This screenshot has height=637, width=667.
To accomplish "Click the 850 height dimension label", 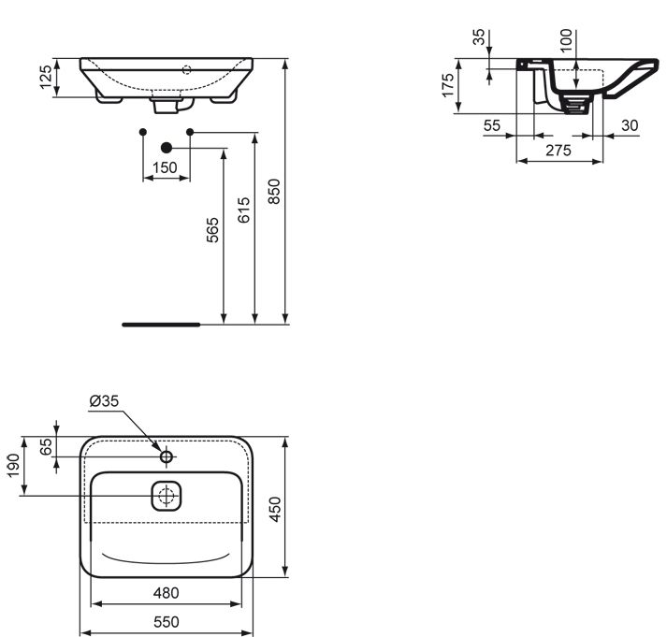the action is coord(275,192).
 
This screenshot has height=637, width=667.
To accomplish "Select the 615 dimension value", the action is coord(244,210).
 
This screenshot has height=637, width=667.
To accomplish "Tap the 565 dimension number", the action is coord(212,230).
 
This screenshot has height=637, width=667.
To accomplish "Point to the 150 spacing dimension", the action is coord(165,167).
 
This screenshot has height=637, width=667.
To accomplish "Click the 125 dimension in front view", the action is coord(46,77).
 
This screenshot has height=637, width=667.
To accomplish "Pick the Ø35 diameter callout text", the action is coord(104,400).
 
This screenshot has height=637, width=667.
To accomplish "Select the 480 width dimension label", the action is coord(166,592).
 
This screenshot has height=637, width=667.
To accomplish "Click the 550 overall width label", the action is coord(167,622).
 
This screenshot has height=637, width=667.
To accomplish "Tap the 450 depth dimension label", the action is coord(275,509).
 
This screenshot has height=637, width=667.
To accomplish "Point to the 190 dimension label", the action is coord(13,466).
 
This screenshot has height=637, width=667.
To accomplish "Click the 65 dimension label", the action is coord(46,447).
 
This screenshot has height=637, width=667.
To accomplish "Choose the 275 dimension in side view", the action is coord(558,150).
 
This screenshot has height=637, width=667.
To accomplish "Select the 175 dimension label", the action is coord(448,85).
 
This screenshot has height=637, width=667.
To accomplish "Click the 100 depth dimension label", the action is coord(566,40).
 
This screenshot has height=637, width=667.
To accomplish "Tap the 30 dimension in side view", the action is coord(630,125).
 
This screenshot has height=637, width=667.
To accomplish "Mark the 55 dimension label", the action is coord(492,125).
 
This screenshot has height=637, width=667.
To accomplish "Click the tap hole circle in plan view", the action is coord(167,457).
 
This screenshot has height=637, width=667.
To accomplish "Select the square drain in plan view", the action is coord(167,496).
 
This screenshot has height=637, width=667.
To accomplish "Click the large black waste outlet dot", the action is coord(167,148).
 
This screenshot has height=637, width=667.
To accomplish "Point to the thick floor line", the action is coord(161,325).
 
